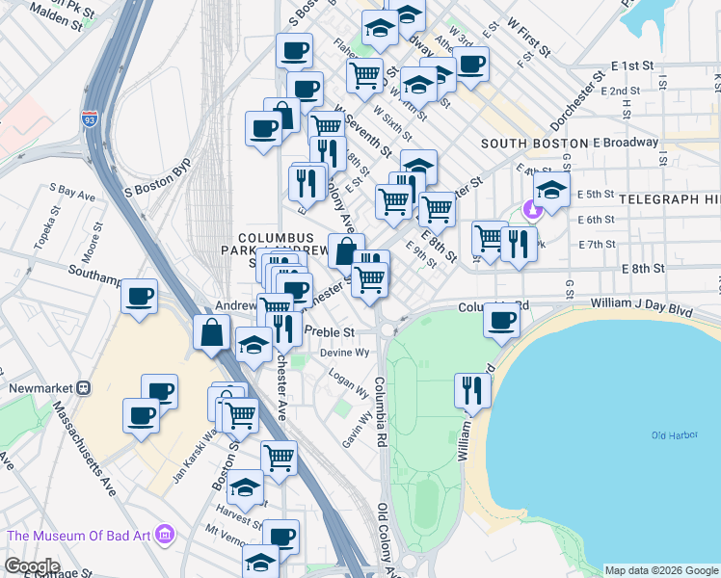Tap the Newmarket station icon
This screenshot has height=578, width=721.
coord(84,388)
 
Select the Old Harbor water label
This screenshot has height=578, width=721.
coord(673,436)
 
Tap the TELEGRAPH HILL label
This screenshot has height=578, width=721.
coord(670,198)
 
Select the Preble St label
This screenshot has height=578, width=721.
coord(330,331)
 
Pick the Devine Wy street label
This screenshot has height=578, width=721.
coord(350,353)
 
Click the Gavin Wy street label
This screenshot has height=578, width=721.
coord(357,430)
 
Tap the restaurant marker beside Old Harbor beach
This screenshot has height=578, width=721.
coord(472,390)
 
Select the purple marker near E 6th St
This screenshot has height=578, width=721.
coord(530,209)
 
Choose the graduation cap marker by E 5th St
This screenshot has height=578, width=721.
coord(551,190)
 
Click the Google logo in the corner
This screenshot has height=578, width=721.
coord(32,566)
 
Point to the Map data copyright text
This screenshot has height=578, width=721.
coord(661,570)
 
